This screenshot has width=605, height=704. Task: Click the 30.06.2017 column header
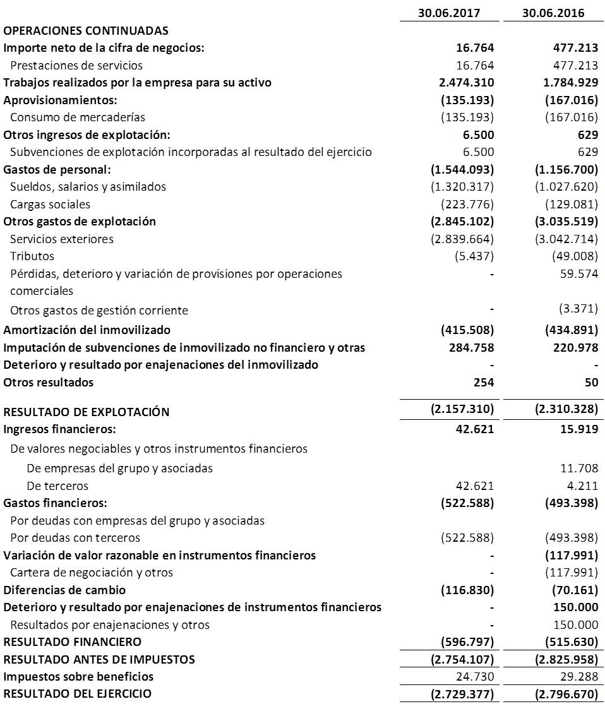[x=449, y=13]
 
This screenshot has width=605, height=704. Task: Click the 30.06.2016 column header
[x=553, y=13]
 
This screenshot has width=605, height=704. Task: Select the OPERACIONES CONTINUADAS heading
[x=87, y=30]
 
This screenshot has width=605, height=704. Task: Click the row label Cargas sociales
[x=50, y=204]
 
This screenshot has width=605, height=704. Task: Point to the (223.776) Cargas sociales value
[x=467, y=204]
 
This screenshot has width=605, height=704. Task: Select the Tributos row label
[x=32, y=256]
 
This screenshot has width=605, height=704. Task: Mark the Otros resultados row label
[x=49, y=382]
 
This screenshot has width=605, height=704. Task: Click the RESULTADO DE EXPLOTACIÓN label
[x=87, y=412]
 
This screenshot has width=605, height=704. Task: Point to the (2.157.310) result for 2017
[x=462, y=409]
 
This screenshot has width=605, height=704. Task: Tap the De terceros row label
[x=57, y=486]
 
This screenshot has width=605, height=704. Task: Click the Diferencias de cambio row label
[x=64, y=590]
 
